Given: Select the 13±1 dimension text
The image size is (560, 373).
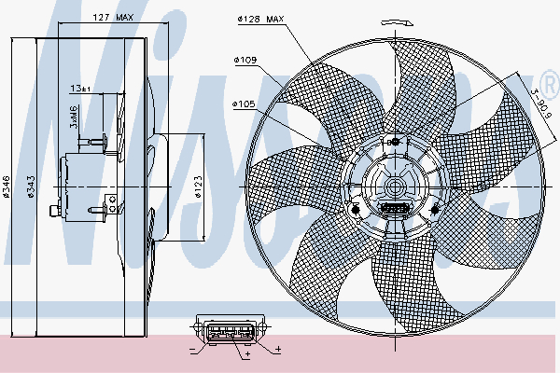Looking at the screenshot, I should [81, 89].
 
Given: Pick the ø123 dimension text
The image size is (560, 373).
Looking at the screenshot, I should [198, 189].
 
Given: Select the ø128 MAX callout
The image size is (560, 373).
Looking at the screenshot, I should [260, 18].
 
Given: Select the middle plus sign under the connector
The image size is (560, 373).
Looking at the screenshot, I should [247, 355].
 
